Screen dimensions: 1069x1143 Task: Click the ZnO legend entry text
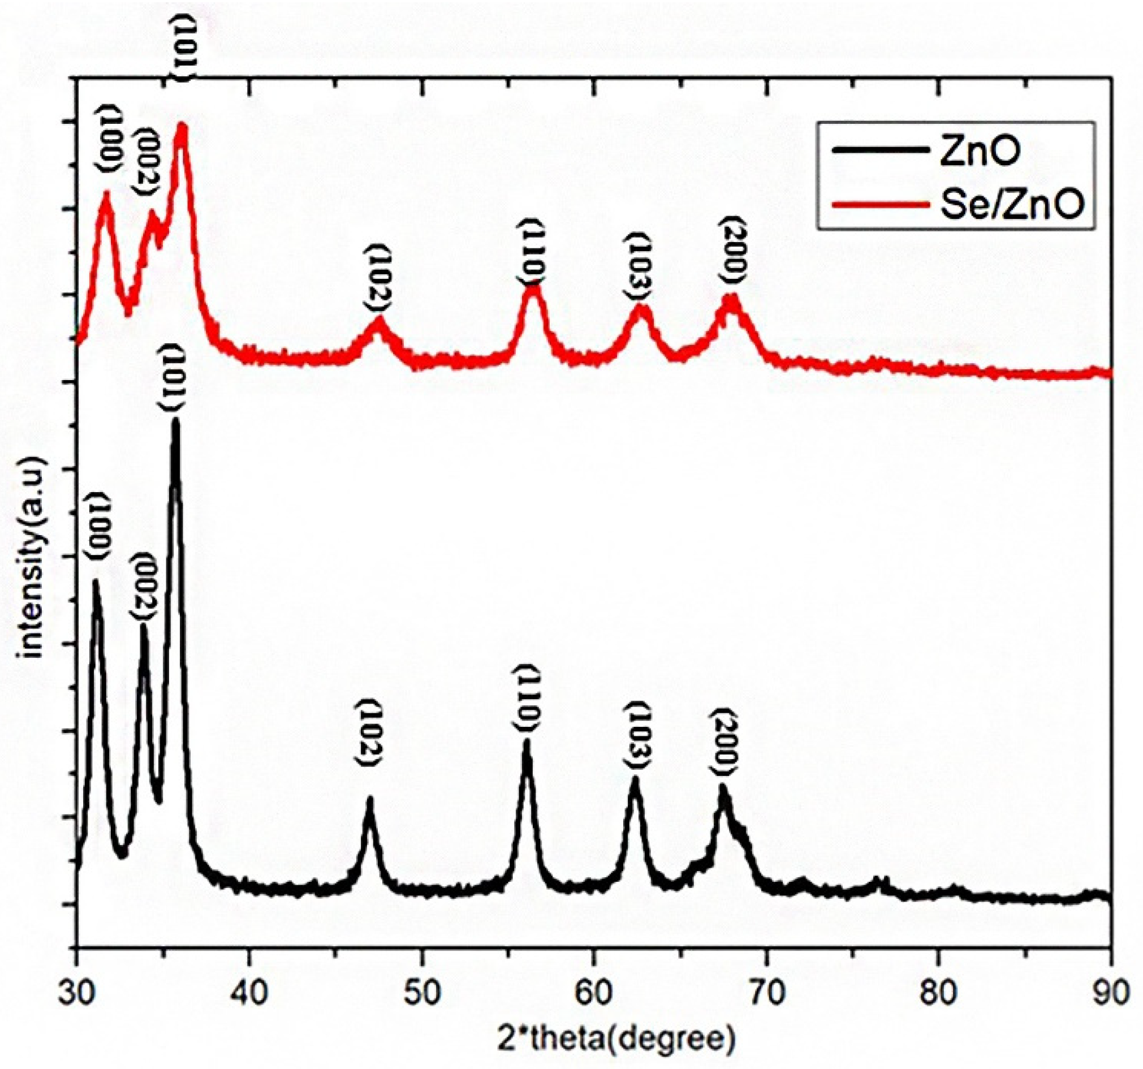click(x=980, y=152)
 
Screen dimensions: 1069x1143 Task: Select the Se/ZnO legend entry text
click(x=1012, y=206)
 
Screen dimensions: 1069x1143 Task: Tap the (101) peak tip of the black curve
click(x=176, y=421)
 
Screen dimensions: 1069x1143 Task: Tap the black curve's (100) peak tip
click(x=96, y=581)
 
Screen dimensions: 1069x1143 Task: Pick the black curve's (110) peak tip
click(x=526, y=743)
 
